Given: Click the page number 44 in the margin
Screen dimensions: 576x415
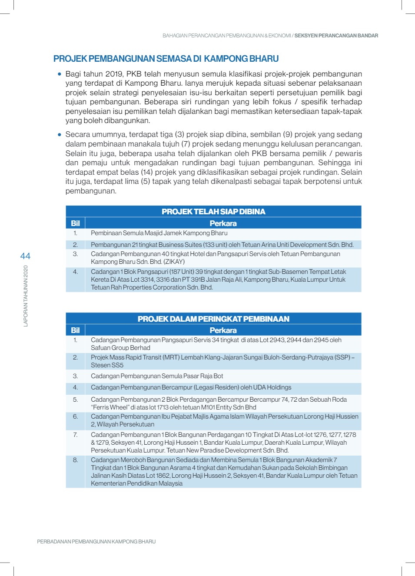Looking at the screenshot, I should tap(25, 256).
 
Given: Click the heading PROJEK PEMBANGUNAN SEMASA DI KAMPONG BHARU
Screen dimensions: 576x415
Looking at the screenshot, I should tap(166, 59).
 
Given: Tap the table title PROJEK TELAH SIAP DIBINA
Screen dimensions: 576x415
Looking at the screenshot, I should tap(213, 212).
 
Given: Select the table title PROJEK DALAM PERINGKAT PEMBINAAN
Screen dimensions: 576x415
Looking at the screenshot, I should tap(213, 319).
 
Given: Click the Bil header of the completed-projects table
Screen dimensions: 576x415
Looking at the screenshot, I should tap(75, 223).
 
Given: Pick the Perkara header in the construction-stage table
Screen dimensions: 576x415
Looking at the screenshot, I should tap(223, 330).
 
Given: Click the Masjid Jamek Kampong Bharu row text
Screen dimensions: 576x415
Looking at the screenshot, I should tap(159, 233).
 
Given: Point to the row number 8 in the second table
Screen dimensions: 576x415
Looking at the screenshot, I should tap(75, 460).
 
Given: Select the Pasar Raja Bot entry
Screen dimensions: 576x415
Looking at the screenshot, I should tap(157, 376).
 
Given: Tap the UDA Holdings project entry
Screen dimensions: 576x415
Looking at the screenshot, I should tap(191, 387).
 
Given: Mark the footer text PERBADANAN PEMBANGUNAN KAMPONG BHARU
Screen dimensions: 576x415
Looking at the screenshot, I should tap(96, 542).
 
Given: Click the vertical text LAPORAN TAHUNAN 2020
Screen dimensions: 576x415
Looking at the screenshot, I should tap(26, 296).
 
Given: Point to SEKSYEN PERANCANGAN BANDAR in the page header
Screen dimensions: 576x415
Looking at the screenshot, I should tap(336, 36).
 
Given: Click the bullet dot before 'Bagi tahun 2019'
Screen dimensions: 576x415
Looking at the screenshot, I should tap(60, 74).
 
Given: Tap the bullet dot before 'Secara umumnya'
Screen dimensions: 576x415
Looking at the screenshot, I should tap(60, 135).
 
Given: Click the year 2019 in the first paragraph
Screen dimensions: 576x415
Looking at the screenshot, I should tap(114, 74).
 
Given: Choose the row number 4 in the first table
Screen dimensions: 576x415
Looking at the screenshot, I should tap(75, 272).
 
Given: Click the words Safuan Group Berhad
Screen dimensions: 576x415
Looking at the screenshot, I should tap(120, 348).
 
